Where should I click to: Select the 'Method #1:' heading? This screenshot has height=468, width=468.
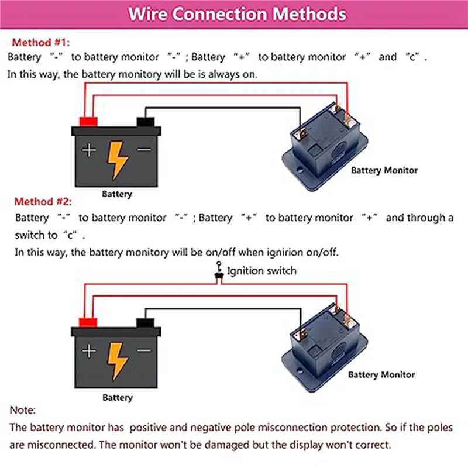(x=39, y=42)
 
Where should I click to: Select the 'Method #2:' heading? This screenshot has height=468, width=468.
(x=42, y=202)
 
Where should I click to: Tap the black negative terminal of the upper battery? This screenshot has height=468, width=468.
(x=145, y=121)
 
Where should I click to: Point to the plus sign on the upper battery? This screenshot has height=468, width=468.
(x=88, y=150)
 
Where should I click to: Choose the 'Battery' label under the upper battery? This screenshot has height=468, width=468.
(x=117, y=194)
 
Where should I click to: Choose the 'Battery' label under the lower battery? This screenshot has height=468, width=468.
(x=118, y=398)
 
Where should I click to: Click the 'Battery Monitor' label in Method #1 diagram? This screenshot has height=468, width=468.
(x=384, y=170)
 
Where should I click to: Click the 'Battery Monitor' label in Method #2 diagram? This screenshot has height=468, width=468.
(x=381, y=374)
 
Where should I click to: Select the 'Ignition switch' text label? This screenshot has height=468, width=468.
(x=261, y=271)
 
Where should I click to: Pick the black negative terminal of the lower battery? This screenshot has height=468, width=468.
(x=145, y=322)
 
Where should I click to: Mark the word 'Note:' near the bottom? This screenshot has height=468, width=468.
(x=23, y=411)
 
